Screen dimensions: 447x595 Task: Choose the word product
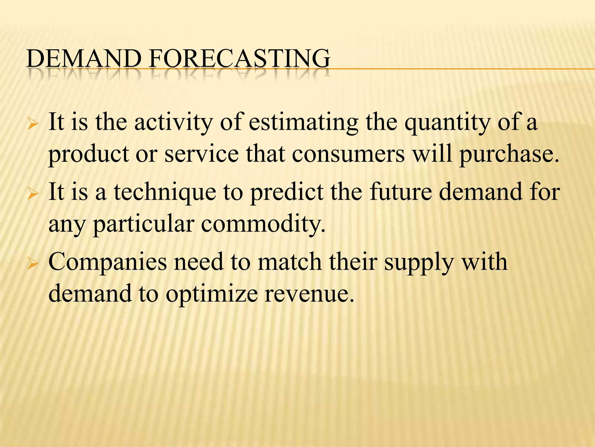click(88, 154)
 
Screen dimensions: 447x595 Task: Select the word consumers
click(348, 154)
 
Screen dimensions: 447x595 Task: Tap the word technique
click(165, 192)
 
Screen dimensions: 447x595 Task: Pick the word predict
click(287, 192)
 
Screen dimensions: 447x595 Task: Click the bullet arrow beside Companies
click(33, 264)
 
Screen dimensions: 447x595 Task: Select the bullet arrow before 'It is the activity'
click(33, 125)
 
